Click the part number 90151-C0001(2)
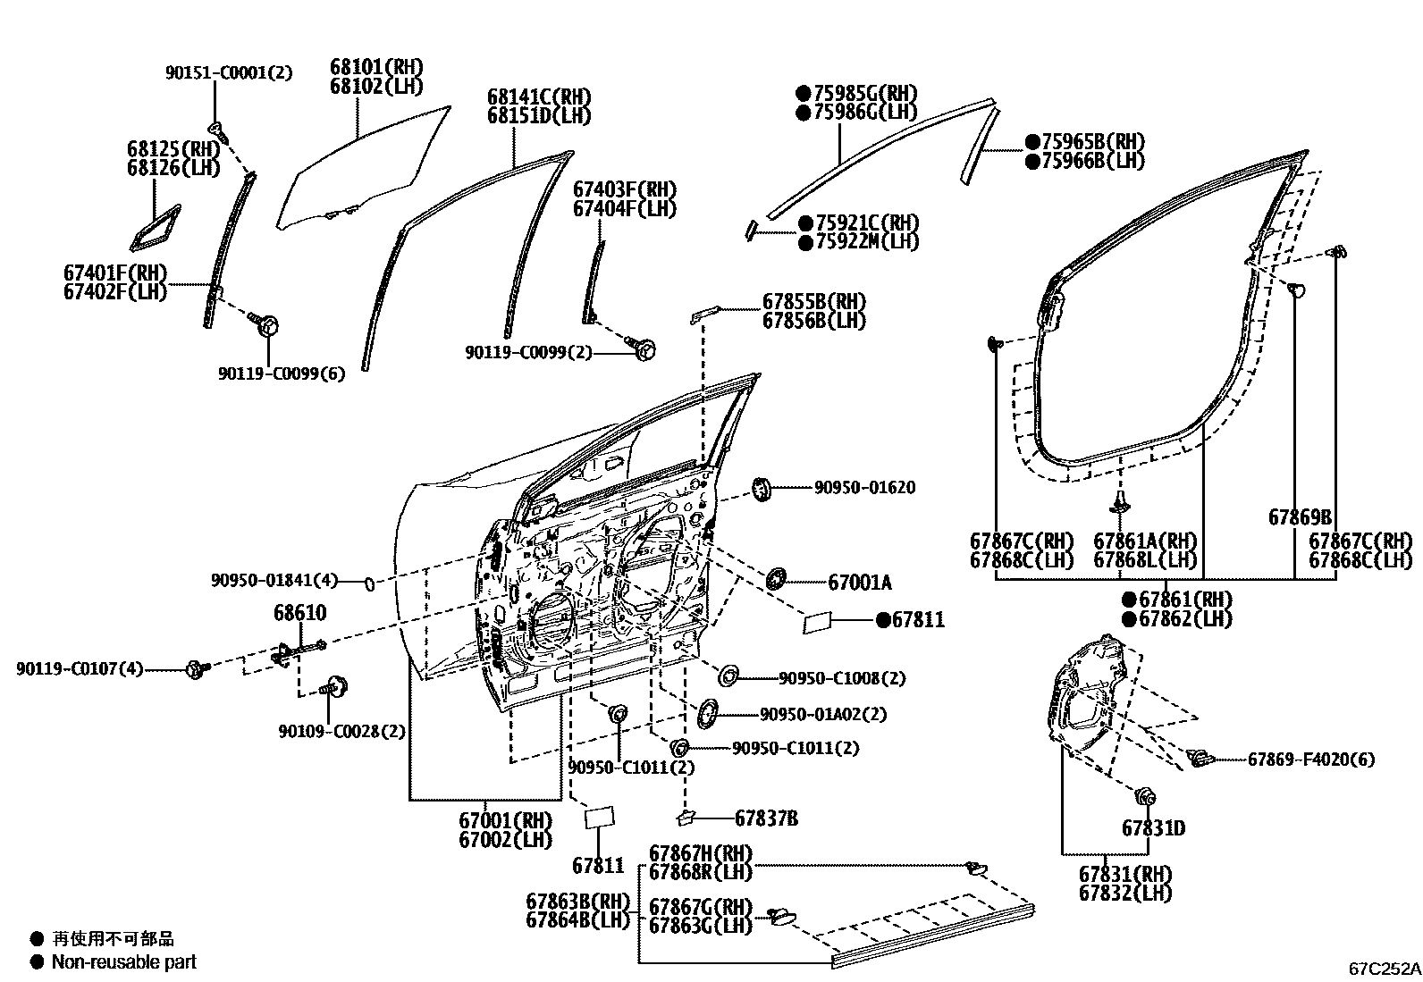[x=228, y=72]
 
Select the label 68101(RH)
[x=375, y=67]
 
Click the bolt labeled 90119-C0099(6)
[x=266, y=323]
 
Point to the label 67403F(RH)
[x=624, y=189]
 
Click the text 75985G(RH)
[x=855, y=93]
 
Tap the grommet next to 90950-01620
[x=762, y=489]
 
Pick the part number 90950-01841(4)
[x=274, y=581]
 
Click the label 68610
[x=299, y=614]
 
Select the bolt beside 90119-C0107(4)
[x=197, y=667]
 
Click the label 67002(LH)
[x=505, y=840]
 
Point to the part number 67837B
[x=766, y=818]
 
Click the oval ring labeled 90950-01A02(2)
[x=708, y=714]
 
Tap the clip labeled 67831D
[x=1144, y=796]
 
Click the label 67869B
[x=1300, y=517]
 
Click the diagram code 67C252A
[x=1385, y=968]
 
